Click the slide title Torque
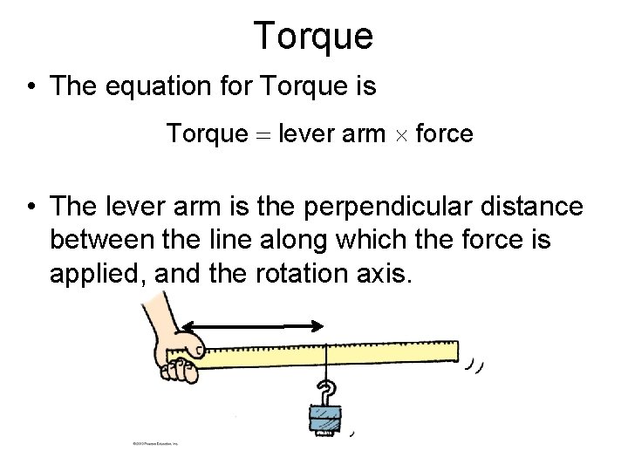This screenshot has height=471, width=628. [x=313, y=36]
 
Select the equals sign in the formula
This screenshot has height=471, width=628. [x=263, y=135]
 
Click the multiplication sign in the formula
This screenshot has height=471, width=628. [x=400, y=135]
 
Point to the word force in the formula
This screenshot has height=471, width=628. [x=445, y=134]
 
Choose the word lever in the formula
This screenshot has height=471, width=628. [x=308, y=134]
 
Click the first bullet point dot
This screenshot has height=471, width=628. [x=31, y=87]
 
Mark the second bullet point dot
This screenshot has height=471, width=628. [x=31, y=208]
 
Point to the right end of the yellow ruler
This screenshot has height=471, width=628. [x=452, y=352]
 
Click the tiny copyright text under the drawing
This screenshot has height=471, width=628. [x=155, y=444]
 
